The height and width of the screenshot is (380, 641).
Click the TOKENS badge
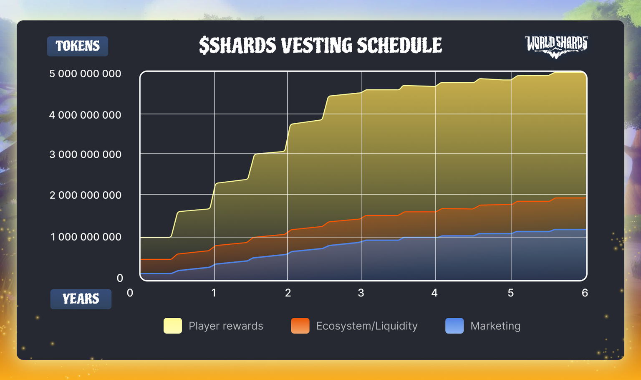[78, 46]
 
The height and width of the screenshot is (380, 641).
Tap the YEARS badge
[81, 299]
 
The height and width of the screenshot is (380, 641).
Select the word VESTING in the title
[316, 45]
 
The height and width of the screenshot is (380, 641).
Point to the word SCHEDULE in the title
[399, 45]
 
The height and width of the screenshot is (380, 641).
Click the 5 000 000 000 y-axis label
[85, 73]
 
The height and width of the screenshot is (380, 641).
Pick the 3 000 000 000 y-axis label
[85, 155]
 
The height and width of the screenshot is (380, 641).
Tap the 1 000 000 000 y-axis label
[86, 237]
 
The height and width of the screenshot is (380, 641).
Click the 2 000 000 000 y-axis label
[85, 195]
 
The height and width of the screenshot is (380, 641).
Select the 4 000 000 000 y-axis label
[85, 115]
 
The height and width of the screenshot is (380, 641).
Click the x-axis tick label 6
[585, 293]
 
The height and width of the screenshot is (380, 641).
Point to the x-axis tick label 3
[361, 293]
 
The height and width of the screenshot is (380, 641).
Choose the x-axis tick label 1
[214, 293]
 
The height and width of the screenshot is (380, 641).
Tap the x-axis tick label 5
[511, 293]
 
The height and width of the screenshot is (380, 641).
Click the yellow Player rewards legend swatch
[172, 326]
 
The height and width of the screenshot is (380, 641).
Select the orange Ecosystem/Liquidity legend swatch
[300, 326]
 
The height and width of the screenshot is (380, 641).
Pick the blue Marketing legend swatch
[454, 326]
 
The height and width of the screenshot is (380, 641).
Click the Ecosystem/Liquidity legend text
[367, 326]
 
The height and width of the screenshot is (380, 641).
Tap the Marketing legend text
[496, 326]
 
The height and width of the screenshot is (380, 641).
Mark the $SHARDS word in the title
[237, 45]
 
